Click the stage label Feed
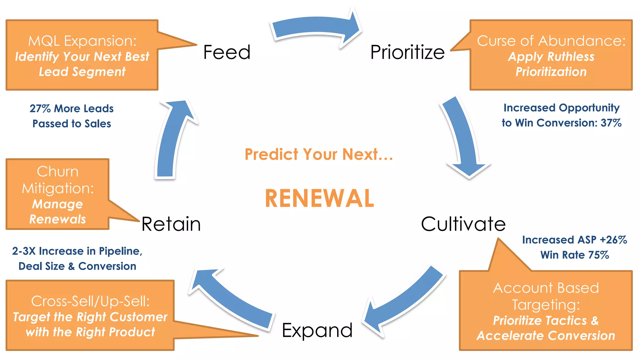coord(227,52)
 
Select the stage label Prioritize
coord(407,52)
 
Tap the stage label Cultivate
coord(463,224)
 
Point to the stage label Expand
coord(317,330)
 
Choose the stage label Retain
coord(171,224)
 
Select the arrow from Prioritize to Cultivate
coord(462,137)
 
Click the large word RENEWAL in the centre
coord(319,198)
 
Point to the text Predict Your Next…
coord(319,154)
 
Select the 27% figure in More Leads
coord(40,108)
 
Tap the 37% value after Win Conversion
coord(611,123)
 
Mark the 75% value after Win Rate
coord(598,255)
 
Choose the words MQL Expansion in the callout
coord(82,41)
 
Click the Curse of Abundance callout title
coord(551,41)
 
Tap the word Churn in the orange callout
coord(57,172)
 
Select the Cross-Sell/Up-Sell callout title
coord(90,301)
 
